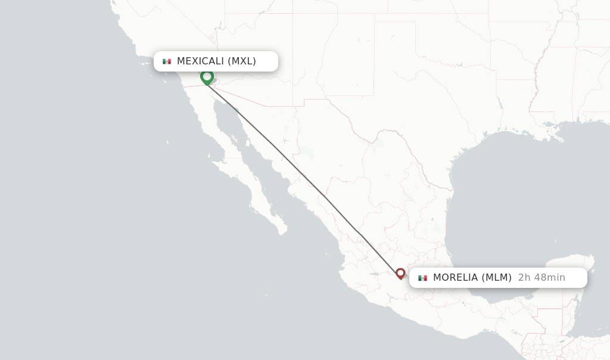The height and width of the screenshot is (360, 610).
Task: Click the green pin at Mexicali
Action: [207, 77]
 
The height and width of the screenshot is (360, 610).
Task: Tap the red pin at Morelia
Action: [400, 274]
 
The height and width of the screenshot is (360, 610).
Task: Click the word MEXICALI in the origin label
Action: [201, 61]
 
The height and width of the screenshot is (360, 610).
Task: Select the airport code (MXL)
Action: [242, 61]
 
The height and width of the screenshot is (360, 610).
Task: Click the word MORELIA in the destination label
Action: [456, 277]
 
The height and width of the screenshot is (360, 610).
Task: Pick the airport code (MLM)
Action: [497, 277]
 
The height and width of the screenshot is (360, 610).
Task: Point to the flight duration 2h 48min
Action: [541, 277]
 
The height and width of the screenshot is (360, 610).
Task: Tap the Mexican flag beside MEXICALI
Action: [167, 61]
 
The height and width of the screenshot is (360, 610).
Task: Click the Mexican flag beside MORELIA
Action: [423, 278]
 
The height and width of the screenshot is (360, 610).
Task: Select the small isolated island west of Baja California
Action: [167, 142]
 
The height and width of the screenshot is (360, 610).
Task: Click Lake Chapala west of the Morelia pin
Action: [372, 275]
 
